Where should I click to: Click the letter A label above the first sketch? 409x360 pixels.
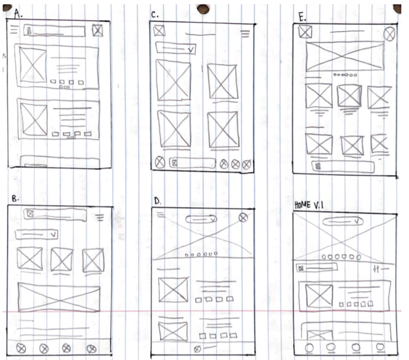pyautogui.click(x=18, y=14)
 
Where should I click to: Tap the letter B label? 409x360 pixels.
pyautogui.click(x=15, y=199)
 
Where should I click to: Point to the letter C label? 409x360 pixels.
pyautogui.click(x=154, y=15)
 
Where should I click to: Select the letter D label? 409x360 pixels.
pyautogui.click(x=158, y=201)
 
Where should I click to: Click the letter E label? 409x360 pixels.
pyautogui.click(x=302, y=17)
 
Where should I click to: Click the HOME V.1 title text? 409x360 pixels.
pyautogui.click(x=309, y=205)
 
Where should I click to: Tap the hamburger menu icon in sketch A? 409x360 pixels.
pyautogui.click(x=14, y=29)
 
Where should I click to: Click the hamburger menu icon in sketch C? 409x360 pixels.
pyautogui.click(x=245, y=34)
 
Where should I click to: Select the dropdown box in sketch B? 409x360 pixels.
pyautogui.click(x=36, y=234)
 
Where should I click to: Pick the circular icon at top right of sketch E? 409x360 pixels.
pyautogui.click(x=389, y=34)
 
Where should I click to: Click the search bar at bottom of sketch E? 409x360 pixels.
pyautogui.click(x=343, y=166)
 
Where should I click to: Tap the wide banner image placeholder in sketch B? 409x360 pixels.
pyautogui.click(x=59, y=298)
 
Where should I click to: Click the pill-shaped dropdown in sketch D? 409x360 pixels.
pyautogui.click(x=201, y=219)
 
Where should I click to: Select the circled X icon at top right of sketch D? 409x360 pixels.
pyautogui.click(x=243, y=217)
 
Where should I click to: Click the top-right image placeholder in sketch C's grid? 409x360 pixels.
pyautogui.click(x=223, y=81)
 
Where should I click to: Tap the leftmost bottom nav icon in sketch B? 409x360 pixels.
pyautogui.click(x=21, y=348)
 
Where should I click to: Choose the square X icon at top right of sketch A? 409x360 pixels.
pyautogui.click(x=97, y=31)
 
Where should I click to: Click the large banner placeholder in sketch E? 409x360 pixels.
pyautogui.click(x=345, y=56)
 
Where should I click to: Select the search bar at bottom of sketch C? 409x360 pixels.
pyautogui.click(x=192, y=163)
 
